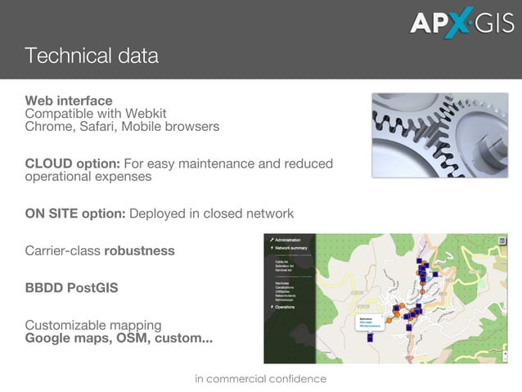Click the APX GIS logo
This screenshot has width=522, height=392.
(462, 23)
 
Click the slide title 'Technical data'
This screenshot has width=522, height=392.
(91, 56)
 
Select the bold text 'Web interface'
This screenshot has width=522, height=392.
(69, 101)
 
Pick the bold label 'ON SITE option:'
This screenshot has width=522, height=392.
(75, 214)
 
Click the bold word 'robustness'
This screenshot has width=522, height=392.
(139, 250)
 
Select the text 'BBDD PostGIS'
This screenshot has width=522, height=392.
(71, 288)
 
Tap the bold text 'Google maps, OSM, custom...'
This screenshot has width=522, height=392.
(119, 338)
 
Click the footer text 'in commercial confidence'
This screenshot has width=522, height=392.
(260, 379)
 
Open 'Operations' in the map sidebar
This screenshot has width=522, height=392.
(286, 307)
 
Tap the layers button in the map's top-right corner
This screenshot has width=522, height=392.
(502, 241)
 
